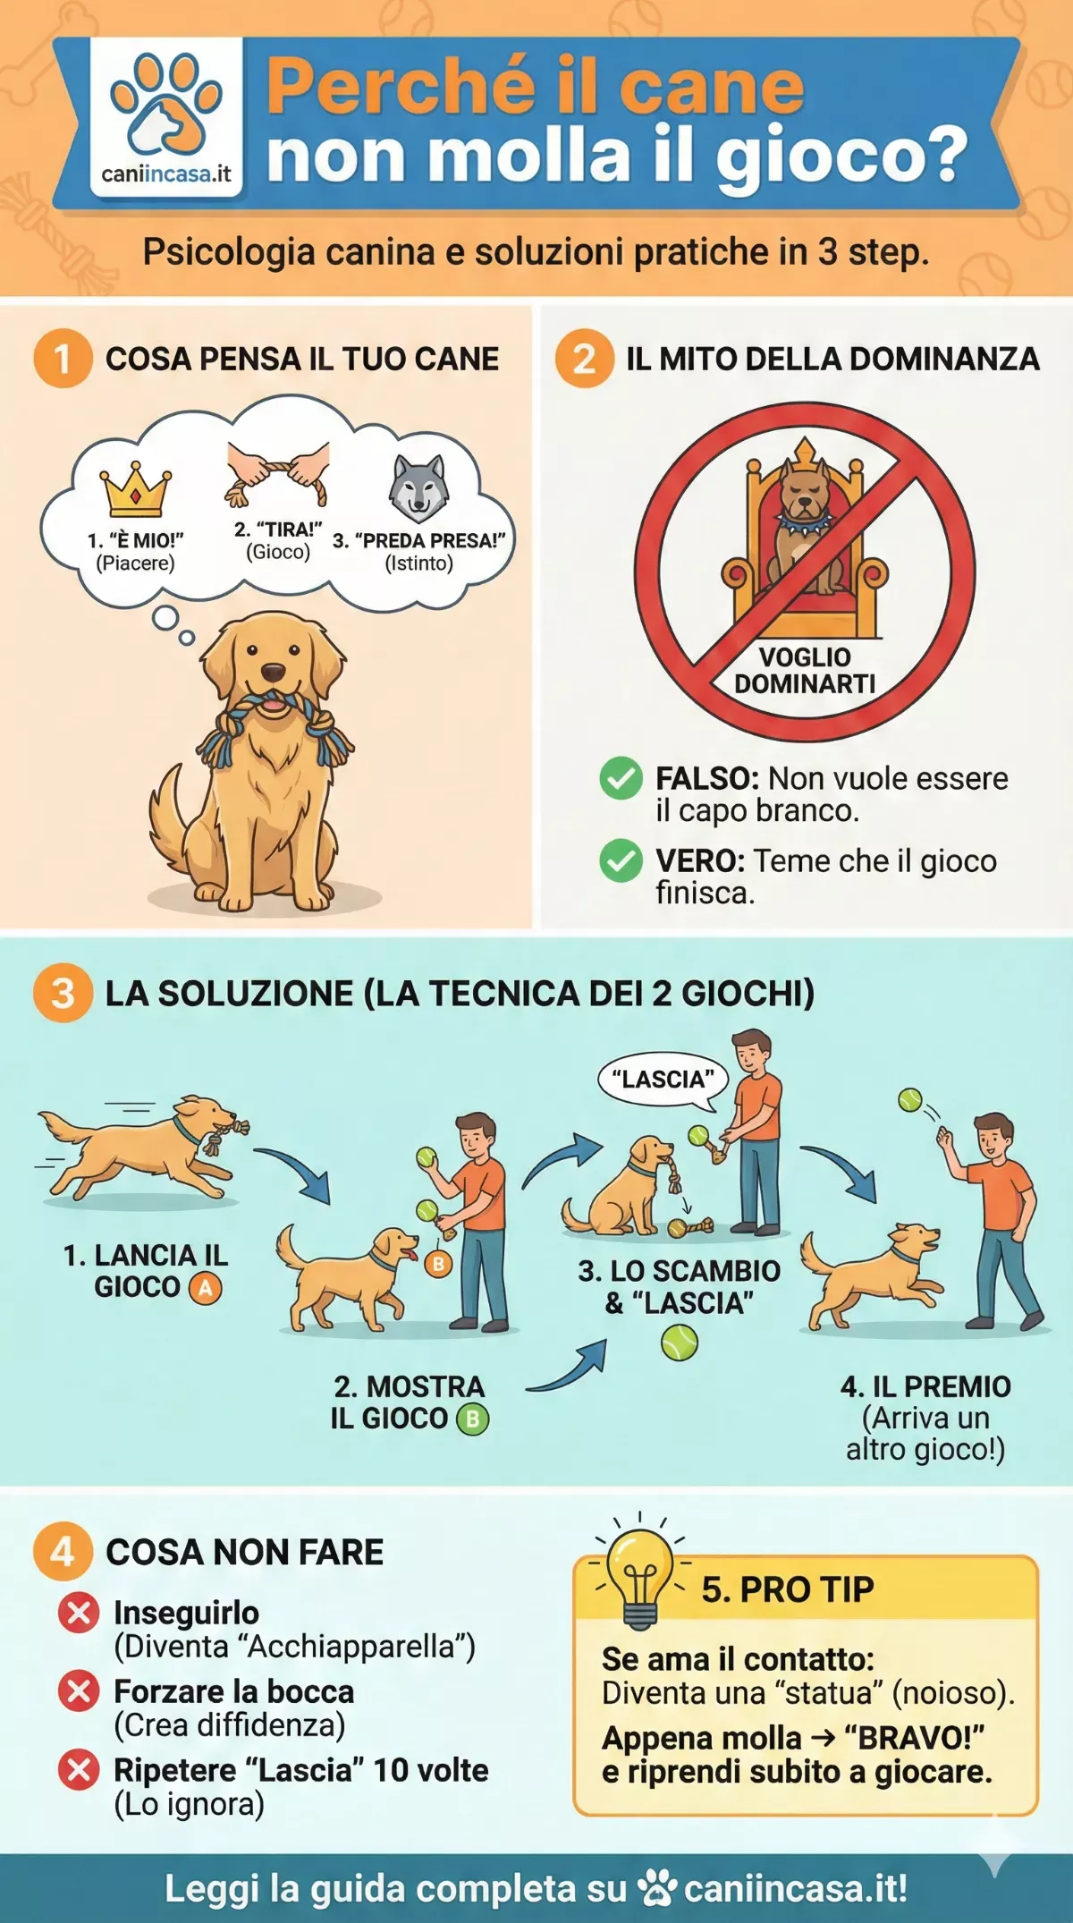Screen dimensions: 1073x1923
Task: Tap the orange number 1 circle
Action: tap(63, 359)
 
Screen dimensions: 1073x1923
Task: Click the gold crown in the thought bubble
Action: tap(135, 489)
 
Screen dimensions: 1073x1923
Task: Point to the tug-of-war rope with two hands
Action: tap(277, 472)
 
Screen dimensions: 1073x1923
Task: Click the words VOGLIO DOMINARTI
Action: tap(805, 670)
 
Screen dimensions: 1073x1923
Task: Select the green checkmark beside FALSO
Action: tap(621, 777)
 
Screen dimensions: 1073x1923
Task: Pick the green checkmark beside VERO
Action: tap(621, 860)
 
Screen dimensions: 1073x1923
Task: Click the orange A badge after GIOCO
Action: tap(206, 1288)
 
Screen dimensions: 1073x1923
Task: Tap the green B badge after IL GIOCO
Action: tap(473, 1419)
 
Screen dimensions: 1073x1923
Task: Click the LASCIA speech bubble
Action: tap(663, 1080)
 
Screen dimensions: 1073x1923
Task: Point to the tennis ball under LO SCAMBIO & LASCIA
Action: tap(680, 1343)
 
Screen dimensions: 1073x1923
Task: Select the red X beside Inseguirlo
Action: tap(79, 1613)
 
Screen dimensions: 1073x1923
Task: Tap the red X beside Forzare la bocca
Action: tap(79, 1691)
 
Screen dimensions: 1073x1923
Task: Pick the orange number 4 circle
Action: tap(63, 1552)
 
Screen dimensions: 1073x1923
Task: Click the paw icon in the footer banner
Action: tap(657, 1888)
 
